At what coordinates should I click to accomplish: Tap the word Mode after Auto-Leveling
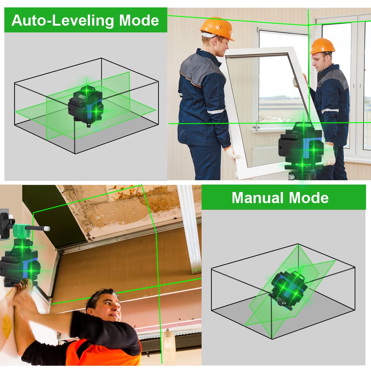click(x=139, y=20)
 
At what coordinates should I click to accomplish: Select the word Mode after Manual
click(x=309, y=198)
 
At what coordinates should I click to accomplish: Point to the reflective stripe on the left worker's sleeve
click(x=215, y=111)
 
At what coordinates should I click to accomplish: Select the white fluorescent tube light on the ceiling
click(x=190, y=229)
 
